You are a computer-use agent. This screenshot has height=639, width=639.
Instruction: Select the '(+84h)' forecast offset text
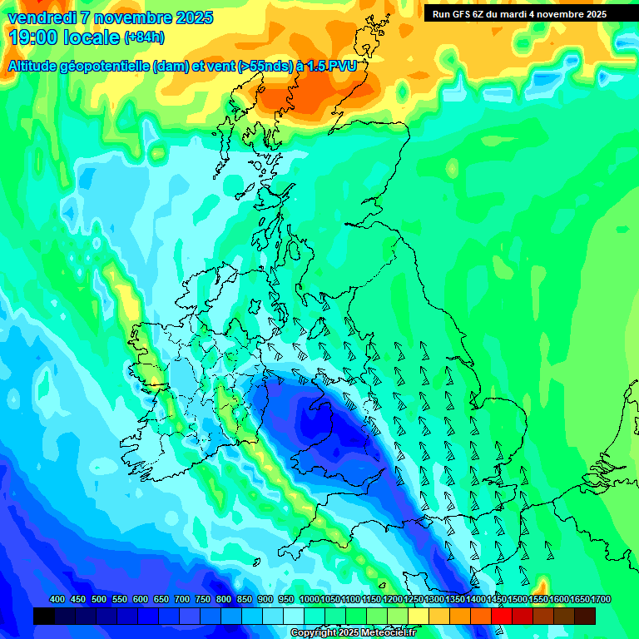tap(144, 37)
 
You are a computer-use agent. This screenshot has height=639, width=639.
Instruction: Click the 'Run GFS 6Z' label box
tap(519, 14)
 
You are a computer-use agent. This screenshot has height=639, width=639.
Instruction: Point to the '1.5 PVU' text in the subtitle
tap(331, 67)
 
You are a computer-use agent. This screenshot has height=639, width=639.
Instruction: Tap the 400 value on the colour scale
tap(57, 600)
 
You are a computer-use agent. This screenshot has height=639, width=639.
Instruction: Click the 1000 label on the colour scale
tap(310, 600)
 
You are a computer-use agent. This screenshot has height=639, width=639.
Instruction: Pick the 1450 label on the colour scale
tap(497, 600)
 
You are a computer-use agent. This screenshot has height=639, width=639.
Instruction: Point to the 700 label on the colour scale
tap(182, 600)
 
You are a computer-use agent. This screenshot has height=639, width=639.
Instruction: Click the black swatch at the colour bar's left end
tap(44, 616)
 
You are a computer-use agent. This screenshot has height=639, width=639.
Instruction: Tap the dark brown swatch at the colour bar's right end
tap(585, 616)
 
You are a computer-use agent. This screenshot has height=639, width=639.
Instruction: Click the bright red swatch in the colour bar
tap(502, 616)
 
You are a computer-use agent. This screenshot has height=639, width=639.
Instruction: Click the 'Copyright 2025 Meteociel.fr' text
tap(353, 633)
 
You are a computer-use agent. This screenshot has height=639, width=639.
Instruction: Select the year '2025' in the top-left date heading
tap(194, 17)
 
